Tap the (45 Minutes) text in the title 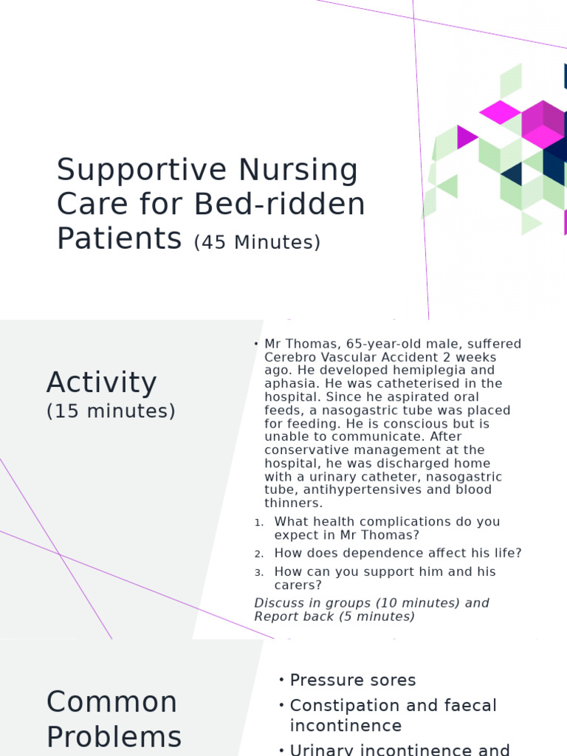coord(257,242)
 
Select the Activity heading coord(101,383)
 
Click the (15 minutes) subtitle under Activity coord(111,411)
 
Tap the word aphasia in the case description coord(289,384)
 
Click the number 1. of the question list coord(258,523)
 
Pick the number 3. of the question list coord(258,572)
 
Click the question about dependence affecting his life coord(398,553)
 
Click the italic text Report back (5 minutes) coord(334,616)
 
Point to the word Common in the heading coord(111,702)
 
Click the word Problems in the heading coord(114,737)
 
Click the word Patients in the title coord(119,238)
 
